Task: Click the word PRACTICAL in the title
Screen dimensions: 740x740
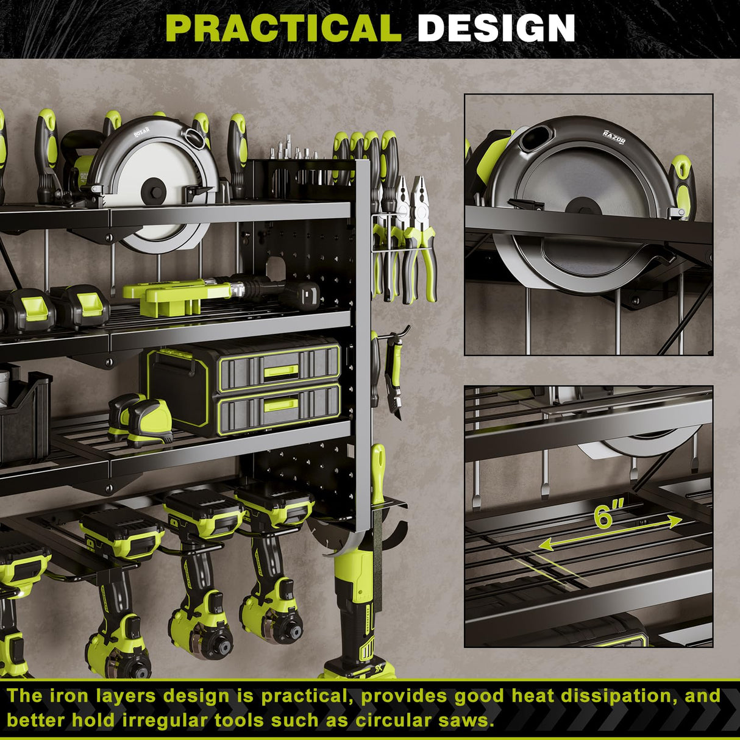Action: [x=283, y=27]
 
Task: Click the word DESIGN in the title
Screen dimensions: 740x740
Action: [x=496, y=27]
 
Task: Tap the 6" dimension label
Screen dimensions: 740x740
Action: [x=608, y=516]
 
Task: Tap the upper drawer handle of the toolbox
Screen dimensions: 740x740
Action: [x=280, y=370]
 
